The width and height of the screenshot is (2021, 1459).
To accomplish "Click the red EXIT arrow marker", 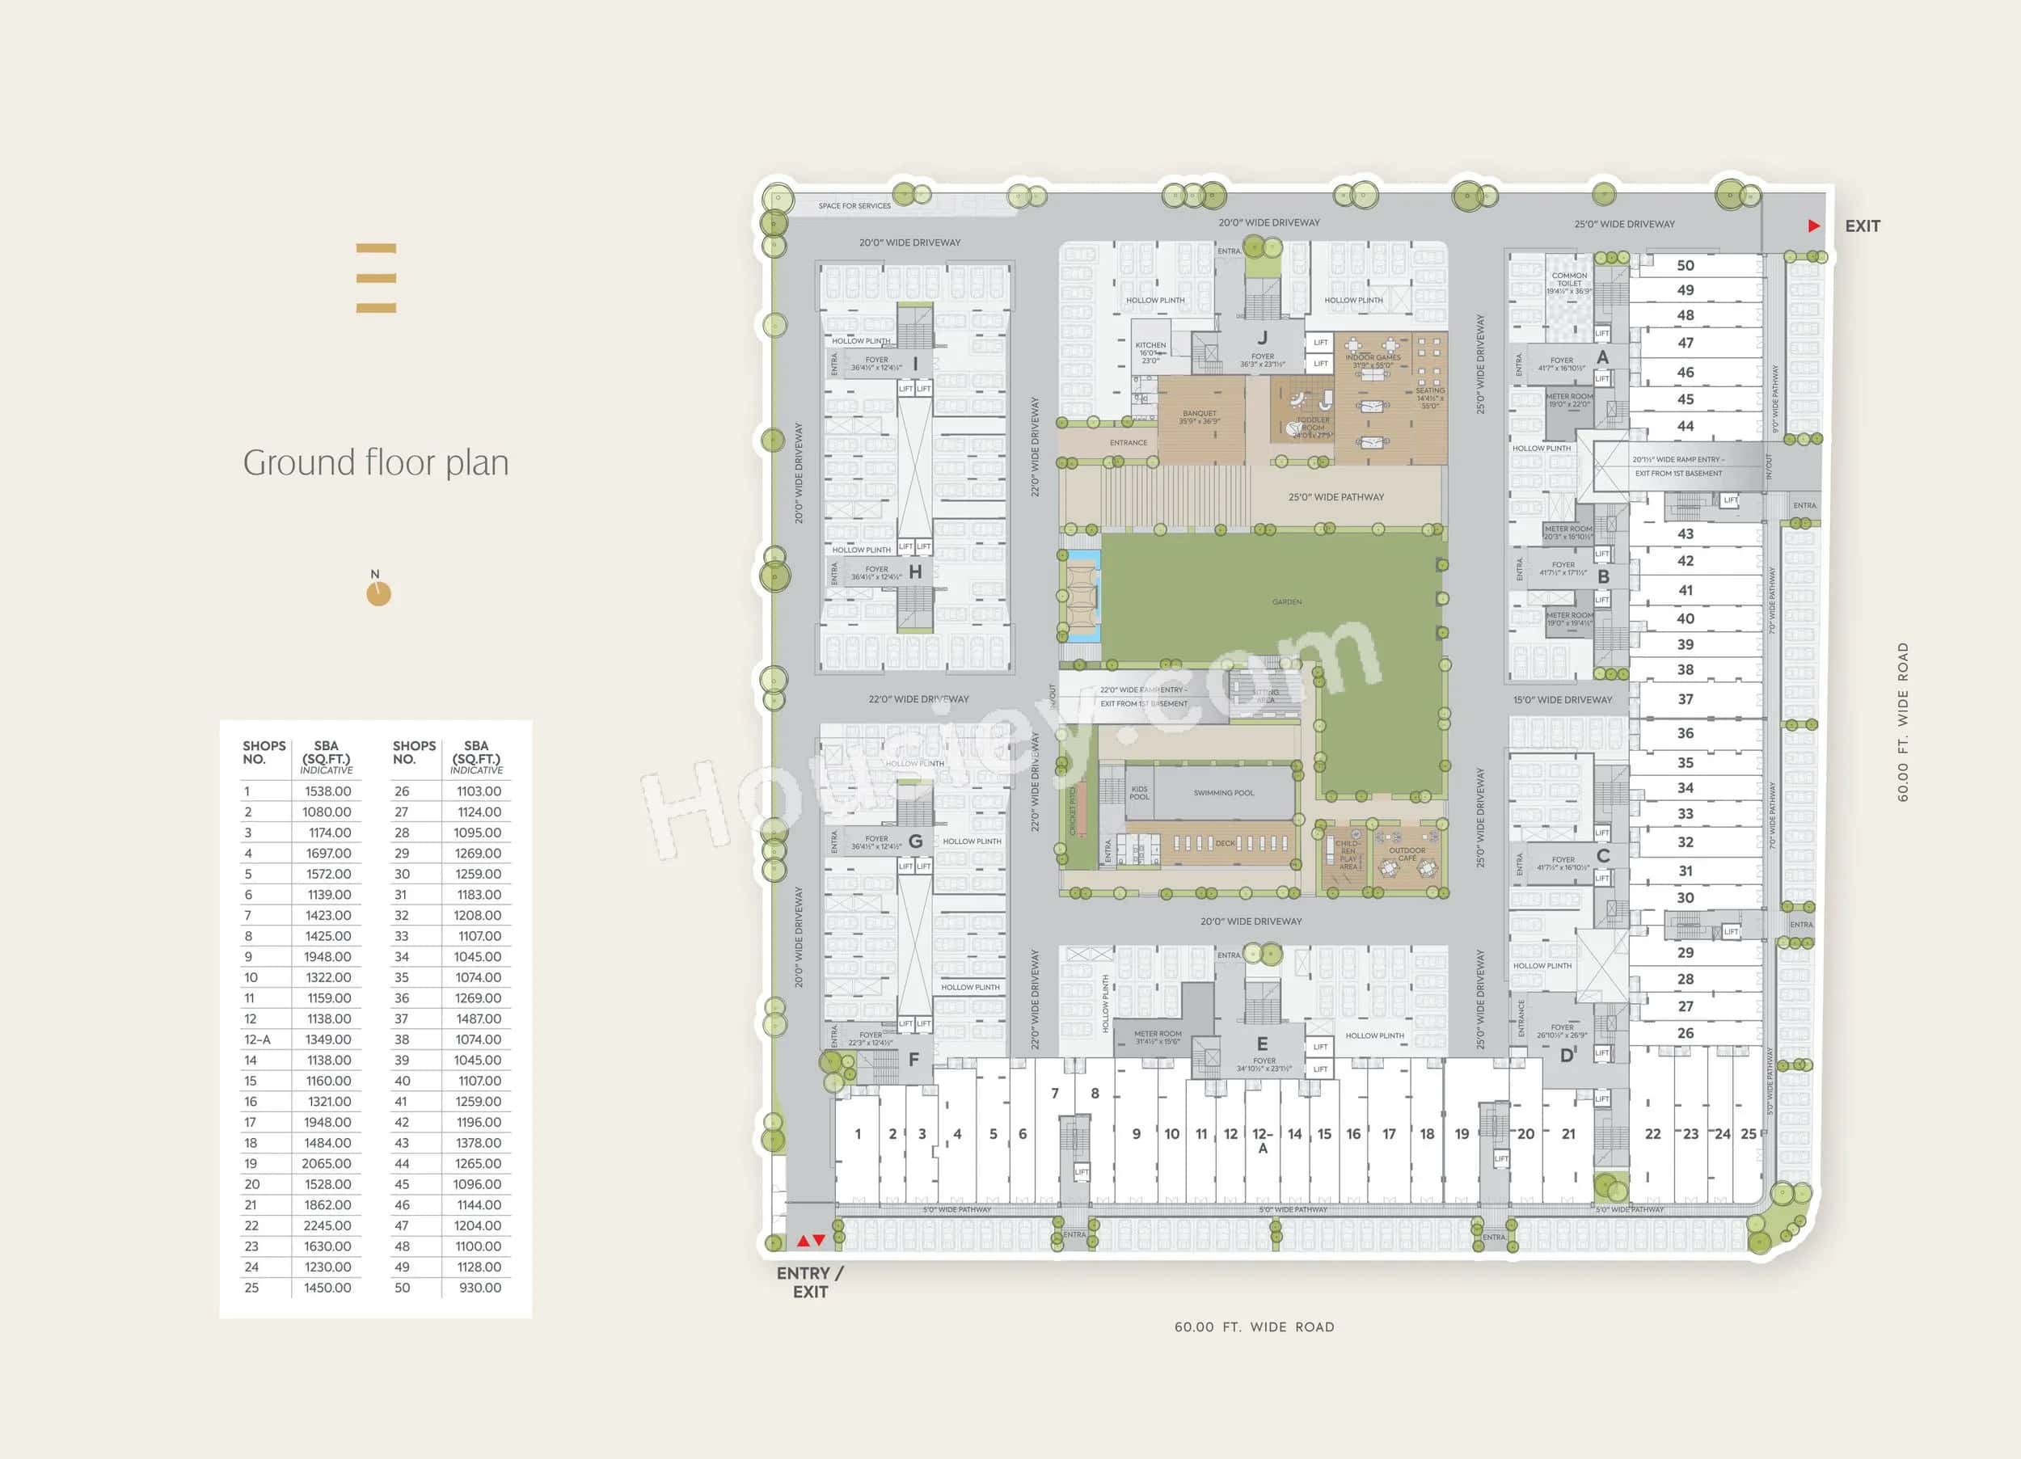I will click(1813, 226).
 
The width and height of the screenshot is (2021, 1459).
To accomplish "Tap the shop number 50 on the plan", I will click(1685, 266).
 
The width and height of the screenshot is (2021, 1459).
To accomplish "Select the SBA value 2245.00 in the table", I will click(327, 1225).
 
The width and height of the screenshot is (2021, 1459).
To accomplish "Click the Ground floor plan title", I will click(376, 462).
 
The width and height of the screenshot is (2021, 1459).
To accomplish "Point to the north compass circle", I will click(378, 593).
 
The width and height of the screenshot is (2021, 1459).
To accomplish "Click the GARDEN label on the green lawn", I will click(1287, 602).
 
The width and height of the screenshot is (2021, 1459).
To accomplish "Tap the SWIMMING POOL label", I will click(1223, 792).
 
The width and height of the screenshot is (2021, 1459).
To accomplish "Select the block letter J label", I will click(1263, 338).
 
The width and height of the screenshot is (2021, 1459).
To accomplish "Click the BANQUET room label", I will click(1200, 416).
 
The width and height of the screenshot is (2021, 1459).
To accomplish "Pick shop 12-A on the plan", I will click(1263, 1140).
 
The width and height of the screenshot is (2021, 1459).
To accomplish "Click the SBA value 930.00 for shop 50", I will click(479, 1288).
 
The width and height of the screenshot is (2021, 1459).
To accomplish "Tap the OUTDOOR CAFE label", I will click(1407, 854).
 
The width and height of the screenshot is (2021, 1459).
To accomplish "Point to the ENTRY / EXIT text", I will click(809, 1283).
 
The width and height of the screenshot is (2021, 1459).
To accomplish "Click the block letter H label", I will click(915, 572).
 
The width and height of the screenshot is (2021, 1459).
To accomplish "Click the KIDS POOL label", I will click(1140, 792).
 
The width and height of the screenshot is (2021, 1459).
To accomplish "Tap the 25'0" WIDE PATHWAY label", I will click(1335, 497).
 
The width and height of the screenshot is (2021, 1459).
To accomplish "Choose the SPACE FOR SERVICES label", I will click(854, 206).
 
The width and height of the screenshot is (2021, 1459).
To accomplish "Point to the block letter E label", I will click(1262, 1044).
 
